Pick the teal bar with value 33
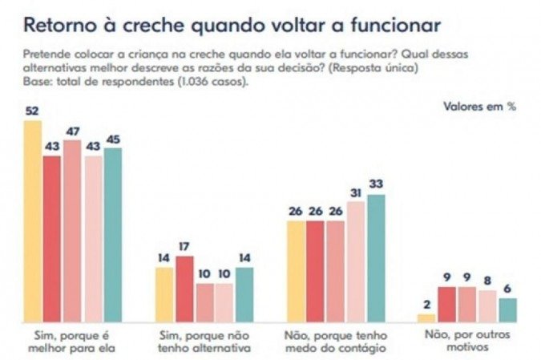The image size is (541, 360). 375,257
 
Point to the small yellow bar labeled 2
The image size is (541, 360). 426,318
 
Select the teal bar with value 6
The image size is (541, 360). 508,309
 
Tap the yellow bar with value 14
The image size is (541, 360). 164,294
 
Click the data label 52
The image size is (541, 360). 32,111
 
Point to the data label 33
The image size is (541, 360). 375,184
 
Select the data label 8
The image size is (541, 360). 488,280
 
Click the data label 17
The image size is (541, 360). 184,246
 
